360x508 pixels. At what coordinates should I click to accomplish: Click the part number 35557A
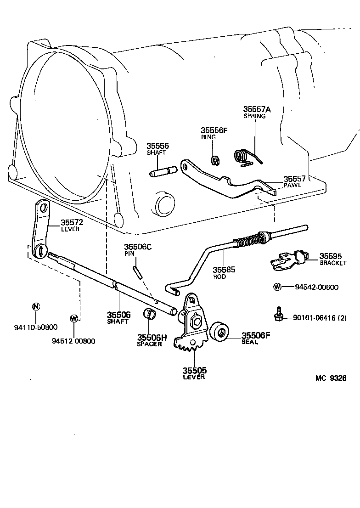pyautogui.click(x=257, y=109)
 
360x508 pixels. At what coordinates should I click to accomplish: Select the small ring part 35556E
pyautogui.click(x=214, y=160)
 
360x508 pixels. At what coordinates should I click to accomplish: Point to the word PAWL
pyautogui.click(x=292, y=186)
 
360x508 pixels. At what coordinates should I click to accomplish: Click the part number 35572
pyautogui.click(x=72, y=223)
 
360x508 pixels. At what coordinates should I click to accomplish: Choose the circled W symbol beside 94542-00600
pyautogui.click(x=277, y=287)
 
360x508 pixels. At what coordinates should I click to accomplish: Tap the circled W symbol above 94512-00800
pyautogui.click(x=73, y=318)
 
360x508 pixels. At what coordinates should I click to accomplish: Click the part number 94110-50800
pyautogui.click(x=35, y=327)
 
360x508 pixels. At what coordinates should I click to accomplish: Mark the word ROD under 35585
pyautogui.click(x=220, y=277)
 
